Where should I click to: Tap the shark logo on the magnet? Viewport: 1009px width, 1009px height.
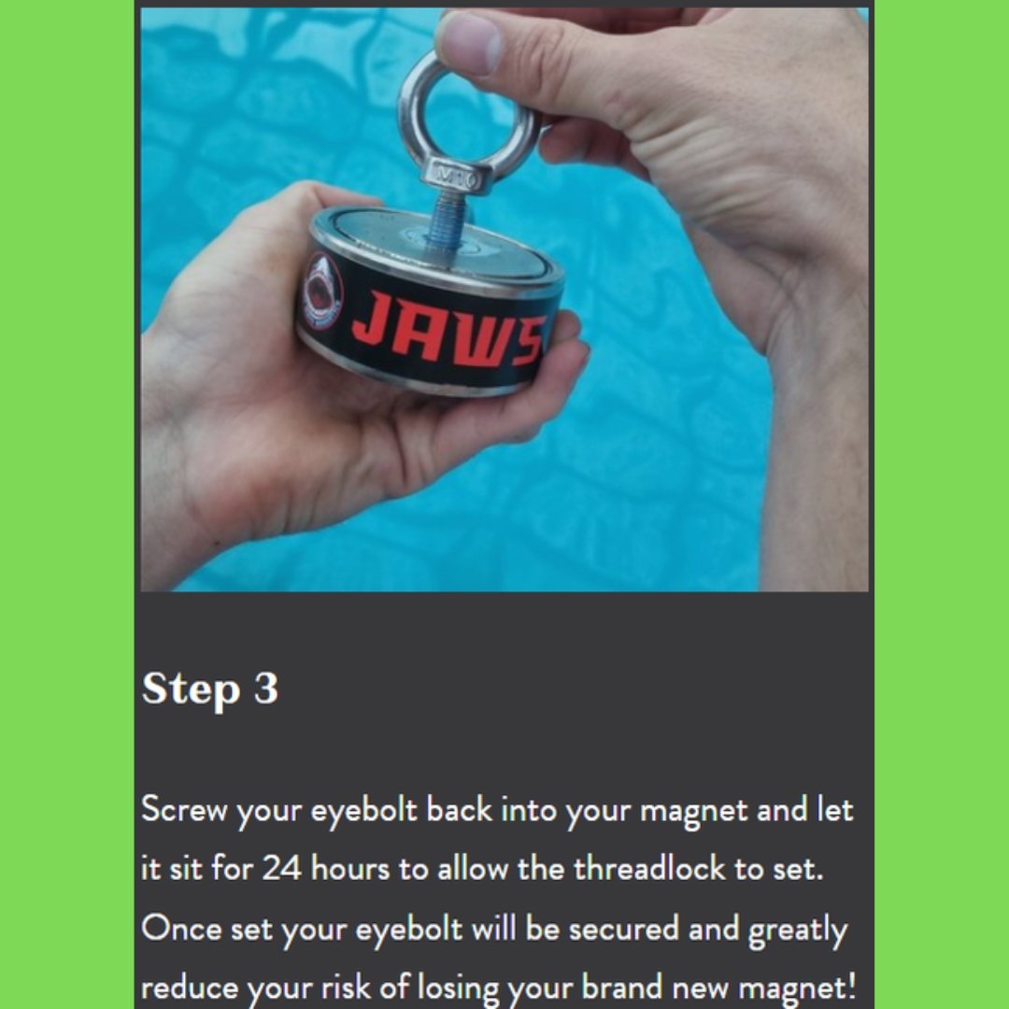(322, 292)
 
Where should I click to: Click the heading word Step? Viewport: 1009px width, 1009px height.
(190, 689)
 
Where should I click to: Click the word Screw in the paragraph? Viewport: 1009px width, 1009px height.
(184, 809)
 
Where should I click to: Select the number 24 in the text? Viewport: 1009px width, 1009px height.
(281, 869)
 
